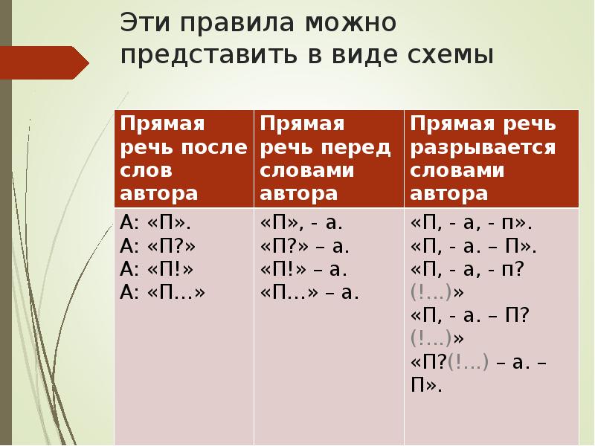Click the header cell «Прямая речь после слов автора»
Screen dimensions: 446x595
(x=183, y=158)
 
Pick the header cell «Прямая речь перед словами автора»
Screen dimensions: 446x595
(x=327, y=158)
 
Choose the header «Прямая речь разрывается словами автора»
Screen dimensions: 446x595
(x=491, y=158)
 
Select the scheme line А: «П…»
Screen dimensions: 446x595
(x=162, y=292)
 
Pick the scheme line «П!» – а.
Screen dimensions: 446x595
(x=304, y=268)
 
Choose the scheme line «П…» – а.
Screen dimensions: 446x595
(x=310, y=292)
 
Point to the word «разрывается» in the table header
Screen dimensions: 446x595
(x=483, y=146)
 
